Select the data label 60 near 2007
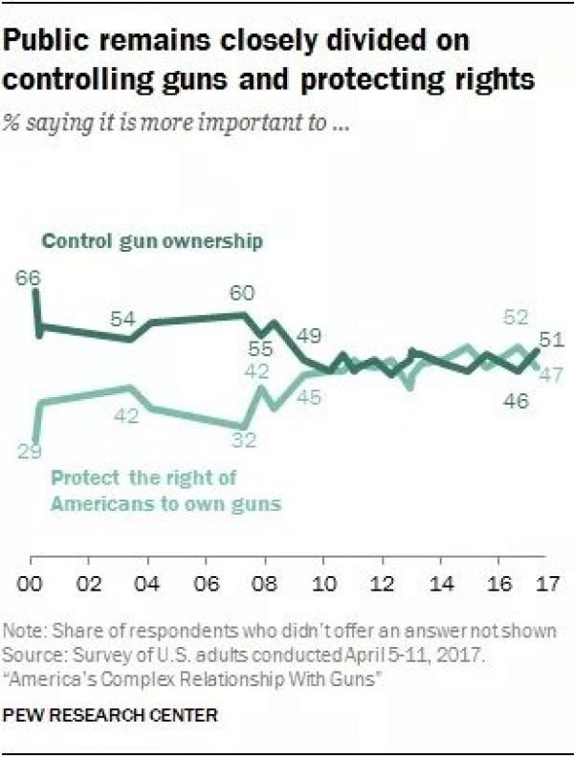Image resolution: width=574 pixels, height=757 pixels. (x=243, y=295)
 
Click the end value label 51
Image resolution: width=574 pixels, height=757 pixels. (x=549, y=340)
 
